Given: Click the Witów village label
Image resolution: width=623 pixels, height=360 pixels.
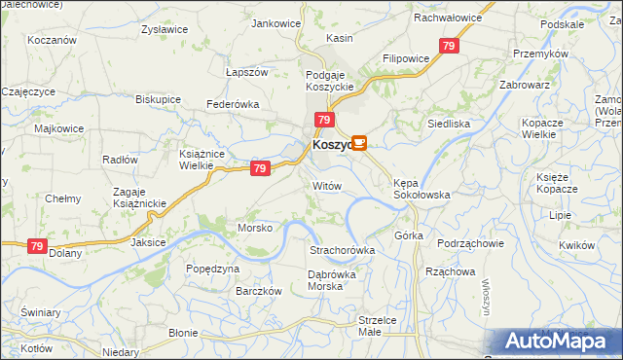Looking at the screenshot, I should [327, 185].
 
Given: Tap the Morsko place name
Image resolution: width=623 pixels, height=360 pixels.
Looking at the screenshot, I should [257, 228].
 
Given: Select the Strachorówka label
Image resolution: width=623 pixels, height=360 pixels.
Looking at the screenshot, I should [342, 250].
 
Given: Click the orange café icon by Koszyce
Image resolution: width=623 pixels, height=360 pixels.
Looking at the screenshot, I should [358, 144].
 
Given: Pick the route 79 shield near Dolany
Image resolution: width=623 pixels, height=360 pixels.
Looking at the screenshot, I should [37, 247].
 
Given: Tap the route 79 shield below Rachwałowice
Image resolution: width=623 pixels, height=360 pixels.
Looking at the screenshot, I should [449, 46].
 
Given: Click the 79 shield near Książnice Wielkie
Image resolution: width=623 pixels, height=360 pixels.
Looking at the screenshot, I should [259, 168].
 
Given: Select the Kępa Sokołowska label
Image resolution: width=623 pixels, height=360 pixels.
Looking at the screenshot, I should [421, 188].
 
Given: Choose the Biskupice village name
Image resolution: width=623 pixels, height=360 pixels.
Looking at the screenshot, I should [158, 99].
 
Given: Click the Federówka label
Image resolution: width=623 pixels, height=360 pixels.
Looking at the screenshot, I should [232, 103].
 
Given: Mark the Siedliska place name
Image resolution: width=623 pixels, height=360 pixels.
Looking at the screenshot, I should [450, 124].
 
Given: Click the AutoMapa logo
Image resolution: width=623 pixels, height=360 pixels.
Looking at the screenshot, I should [558, 342].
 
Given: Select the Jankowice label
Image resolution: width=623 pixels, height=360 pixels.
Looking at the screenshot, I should [275, 23].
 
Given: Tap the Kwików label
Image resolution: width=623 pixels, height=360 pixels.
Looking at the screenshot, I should [577, 245].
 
